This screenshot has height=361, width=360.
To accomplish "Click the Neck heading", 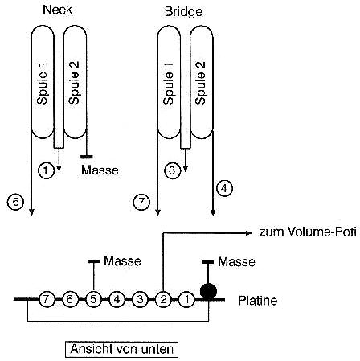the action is (58, 10).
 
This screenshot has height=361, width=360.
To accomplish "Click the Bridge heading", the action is (183, 12).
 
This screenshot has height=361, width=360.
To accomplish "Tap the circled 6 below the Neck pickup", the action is (15, 202).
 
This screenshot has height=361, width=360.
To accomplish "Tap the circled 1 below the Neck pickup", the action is (46, 170).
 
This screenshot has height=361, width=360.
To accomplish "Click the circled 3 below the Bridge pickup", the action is (173, 170).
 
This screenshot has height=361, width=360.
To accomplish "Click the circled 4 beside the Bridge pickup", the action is (224, 188).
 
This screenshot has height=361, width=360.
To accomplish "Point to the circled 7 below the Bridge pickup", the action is (141, 202).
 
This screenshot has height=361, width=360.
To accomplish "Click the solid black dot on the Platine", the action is (208, 291).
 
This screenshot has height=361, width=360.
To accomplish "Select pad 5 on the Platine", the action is (93, 299).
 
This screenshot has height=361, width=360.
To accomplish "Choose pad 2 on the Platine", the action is (163, 299).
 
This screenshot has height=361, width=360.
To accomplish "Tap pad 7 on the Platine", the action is (47, 299).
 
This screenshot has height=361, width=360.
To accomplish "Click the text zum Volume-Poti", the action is (308, 232).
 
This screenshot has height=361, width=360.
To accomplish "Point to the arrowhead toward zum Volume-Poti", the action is (249, 233).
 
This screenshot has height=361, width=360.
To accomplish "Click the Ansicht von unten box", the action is (122, 349).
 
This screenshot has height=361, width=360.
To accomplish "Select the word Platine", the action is (258, 301).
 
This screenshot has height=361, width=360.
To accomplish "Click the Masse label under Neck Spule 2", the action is (100, 170).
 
